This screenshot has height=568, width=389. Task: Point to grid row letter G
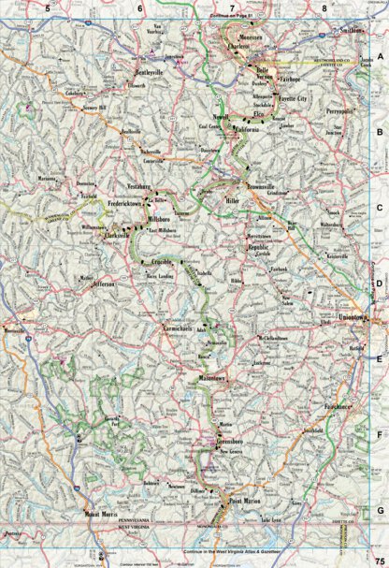380,509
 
